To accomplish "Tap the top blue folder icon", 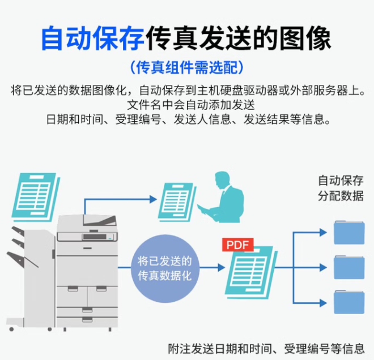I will [x=348, y=233].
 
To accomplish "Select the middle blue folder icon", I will [x=348, y=267].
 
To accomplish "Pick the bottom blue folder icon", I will [x=348, y=302].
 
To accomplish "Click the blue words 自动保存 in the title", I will [x=92, y=39].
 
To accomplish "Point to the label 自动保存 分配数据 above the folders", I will [x=340, y=188].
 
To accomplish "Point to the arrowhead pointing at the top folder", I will [x=323, y=233].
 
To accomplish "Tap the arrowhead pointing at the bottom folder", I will [x=323, y=302].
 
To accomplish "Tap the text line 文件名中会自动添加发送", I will [x=186, y=105].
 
